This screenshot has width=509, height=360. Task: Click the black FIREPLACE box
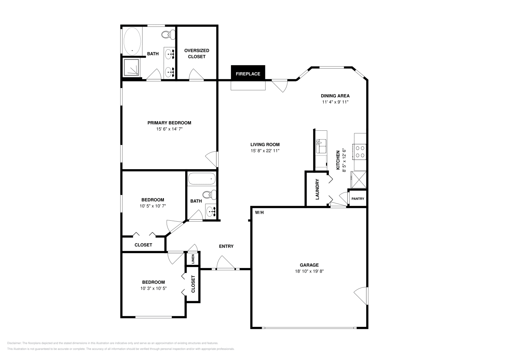(248, 73)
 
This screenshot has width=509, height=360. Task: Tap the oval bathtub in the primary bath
(132, 41)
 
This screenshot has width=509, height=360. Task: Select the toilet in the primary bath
(168, 35)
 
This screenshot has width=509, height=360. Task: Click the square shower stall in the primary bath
(131, 67)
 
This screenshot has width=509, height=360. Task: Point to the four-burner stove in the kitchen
(359, 152)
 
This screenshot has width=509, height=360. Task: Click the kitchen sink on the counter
(321, 147)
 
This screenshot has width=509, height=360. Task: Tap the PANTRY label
(358, 199)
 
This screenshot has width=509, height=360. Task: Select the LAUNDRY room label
(317, 190)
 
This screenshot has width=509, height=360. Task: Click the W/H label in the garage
(259, 212)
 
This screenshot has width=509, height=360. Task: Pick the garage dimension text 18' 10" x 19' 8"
(309, 271)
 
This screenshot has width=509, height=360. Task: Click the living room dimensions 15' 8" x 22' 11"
(265, 151)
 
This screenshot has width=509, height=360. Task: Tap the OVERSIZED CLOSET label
(197, 54)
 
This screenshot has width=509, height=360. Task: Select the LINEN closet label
(193, 259)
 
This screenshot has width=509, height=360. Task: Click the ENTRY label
(226, 246)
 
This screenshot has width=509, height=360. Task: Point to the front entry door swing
(226, 263)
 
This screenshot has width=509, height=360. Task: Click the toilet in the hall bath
(209, 195)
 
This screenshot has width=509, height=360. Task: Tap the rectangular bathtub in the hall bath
(202, 179)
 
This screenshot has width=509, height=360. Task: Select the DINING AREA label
(335, 96)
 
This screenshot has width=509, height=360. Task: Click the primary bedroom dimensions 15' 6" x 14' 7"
(169, 129)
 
